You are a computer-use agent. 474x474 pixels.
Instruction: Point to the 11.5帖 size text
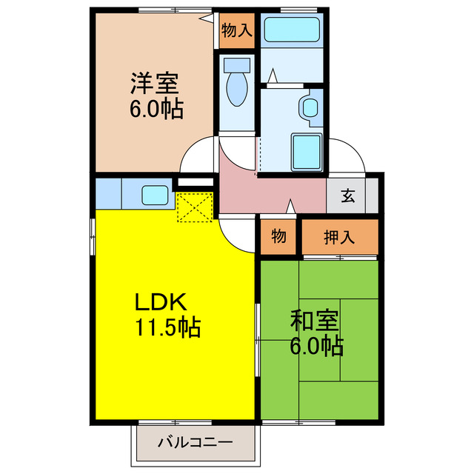click(168, 327)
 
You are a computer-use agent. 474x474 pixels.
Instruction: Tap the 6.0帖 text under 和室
click(316, 346)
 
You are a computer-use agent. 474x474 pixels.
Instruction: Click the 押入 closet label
click(340, 237)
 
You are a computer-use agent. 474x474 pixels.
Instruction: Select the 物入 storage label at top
click(236, 30)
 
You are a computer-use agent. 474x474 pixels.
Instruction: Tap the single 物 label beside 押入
click(278, 237)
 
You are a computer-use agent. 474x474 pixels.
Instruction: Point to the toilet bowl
click(237, 91)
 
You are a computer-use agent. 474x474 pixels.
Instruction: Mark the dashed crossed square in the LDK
click(195, 207)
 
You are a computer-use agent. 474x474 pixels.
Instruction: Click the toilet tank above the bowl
click(237, 64)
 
